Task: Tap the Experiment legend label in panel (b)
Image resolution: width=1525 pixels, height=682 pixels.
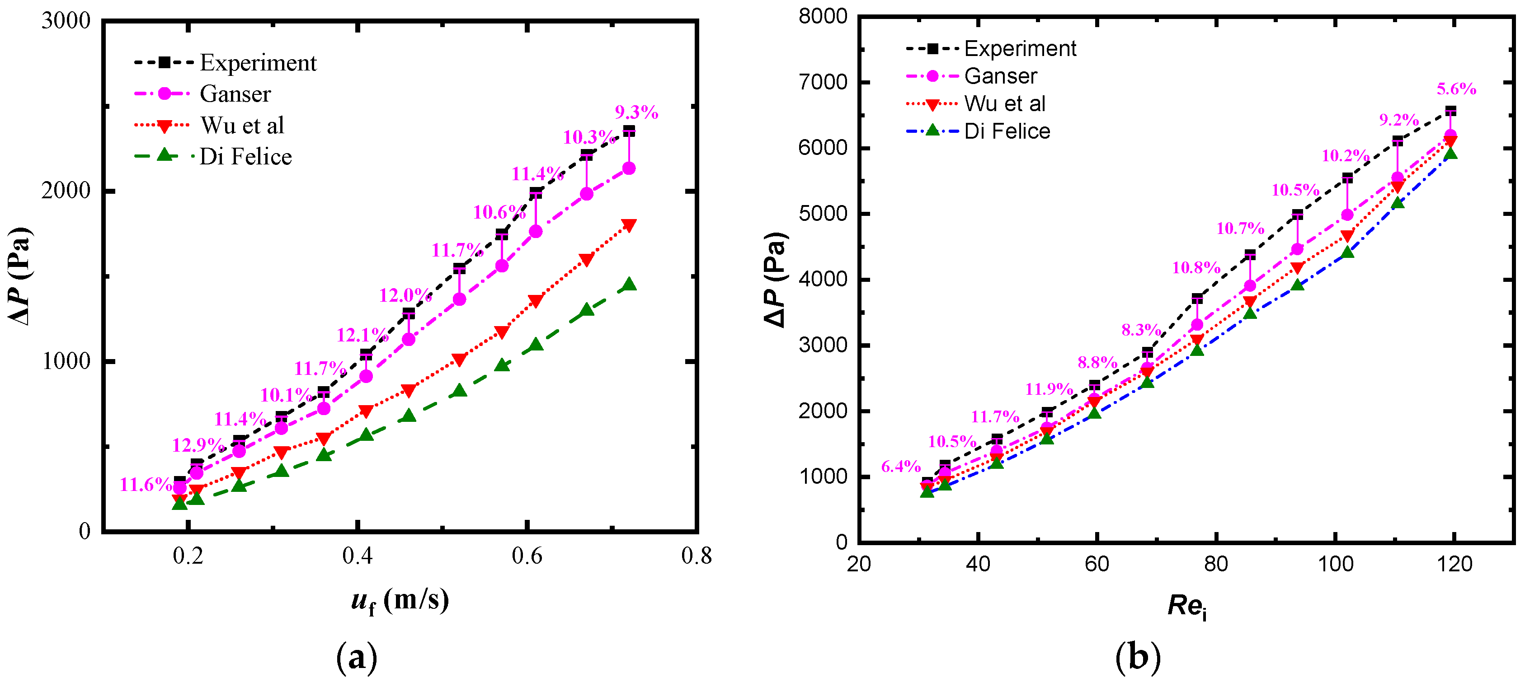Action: (x=1019, y=48)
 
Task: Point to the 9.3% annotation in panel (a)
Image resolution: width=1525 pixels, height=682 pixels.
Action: (x=636, y=112)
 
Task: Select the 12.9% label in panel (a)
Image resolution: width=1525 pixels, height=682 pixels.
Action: (x=198, y=445)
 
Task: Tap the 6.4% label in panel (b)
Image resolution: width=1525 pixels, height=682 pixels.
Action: (x=900, y=466)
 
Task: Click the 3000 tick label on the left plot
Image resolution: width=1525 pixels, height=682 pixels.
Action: (x=66, y=21)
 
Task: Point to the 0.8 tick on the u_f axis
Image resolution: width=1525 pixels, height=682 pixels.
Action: (x=696, y=556)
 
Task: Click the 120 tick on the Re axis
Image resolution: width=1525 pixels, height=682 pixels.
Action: (x=1454, y=564)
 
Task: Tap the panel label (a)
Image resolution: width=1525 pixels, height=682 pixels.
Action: (x=356, y=657)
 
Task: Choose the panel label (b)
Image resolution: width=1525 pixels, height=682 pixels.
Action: (x=1137, y=657)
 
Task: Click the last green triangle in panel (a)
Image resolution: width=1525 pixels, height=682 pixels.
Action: (x=629, y=285)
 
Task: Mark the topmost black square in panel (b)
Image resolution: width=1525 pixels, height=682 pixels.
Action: (x=1450, y=111)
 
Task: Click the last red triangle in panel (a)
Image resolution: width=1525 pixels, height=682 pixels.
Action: (x=629, y=225)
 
